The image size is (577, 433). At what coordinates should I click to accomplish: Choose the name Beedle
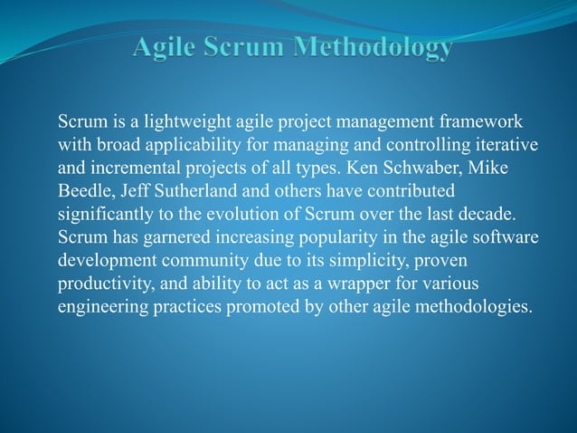click(x=83, y=192)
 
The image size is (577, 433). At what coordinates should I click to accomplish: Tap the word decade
click(x=489, y=216)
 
